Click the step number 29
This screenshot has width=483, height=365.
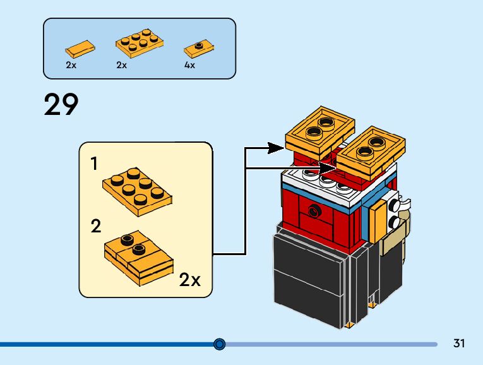[61, 105]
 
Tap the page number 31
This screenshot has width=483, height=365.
[458, 343]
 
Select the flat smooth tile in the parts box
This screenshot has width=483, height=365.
[80, 49]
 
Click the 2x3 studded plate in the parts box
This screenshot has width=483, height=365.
[140, 44]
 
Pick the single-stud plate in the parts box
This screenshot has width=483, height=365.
[199, 49]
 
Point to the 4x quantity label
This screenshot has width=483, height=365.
[189, 65]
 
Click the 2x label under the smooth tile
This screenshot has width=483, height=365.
[71, 65]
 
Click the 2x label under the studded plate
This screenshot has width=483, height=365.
[121, 65]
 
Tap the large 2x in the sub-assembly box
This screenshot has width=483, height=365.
[189, 280]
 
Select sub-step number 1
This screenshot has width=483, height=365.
[94, 164]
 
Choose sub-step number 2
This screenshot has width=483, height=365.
[96, 227]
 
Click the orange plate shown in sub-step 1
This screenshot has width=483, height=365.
[137, 191]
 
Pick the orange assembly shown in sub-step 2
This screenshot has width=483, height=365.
[139, 258]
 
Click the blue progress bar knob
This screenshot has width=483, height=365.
[219, 344]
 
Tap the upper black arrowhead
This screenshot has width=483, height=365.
[275, 148]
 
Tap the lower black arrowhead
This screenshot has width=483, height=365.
[328, 168]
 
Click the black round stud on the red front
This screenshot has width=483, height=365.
[314, 211]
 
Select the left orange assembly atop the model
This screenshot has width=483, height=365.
[319, 133]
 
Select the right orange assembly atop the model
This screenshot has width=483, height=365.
[371, 152]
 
